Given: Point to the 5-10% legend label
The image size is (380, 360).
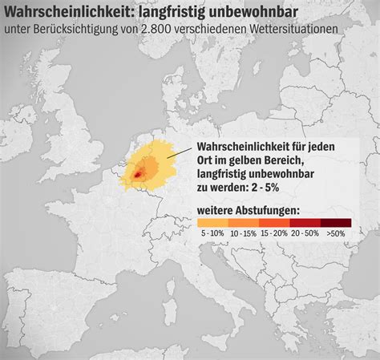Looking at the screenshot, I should tap(214, 233).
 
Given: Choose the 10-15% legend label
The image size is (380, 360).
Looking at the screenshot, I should tap(243, 233).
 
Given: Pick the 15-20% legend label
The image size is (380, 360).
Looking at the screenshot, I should tap(274, 233).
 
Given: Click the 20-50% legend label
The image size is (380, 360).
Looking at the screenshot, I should tap(305, 233).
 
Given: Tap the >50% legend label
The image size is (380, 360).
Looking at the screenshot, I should tap(336, 233).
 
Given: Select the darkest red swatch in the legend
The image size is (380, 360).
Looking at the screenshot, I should tap(336, 223).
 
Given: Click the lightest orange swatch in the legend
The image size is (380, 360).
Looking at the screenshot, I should tap(212, 223).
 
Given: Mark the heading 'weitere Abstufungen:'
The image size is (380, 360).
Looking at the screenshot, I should tap(249, 211).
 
